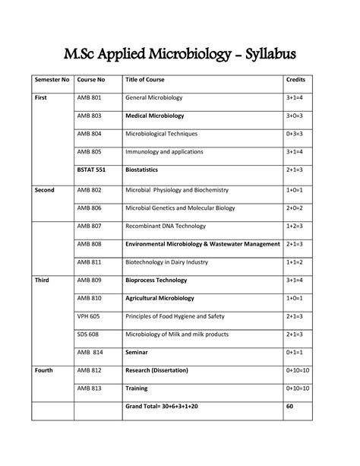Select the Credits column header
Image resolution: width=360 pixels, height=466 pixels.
click(295, 80)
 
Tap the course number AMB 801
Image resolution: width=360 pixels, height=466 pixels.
click(91, 98)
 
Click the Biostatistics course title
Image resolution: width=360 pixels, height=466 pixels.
click(147, 171)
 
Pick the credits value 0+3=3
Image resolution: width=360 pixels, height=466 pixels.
click(296, 135)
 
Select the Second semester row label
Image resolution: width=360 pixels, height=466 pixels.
click(43, 189)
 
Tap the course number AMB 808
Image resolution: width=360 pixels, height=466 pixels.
click(91, 244)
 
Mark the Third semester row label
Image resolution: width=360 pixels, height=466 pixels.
click(41, 281)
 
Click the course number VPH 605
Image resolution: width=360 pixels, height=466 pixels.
click(90, 316)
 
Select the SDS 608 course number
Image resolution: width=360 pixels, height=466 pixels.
click(90, 334)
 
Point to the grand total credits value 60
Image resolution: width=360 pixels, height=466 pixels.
click(289, 407)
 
